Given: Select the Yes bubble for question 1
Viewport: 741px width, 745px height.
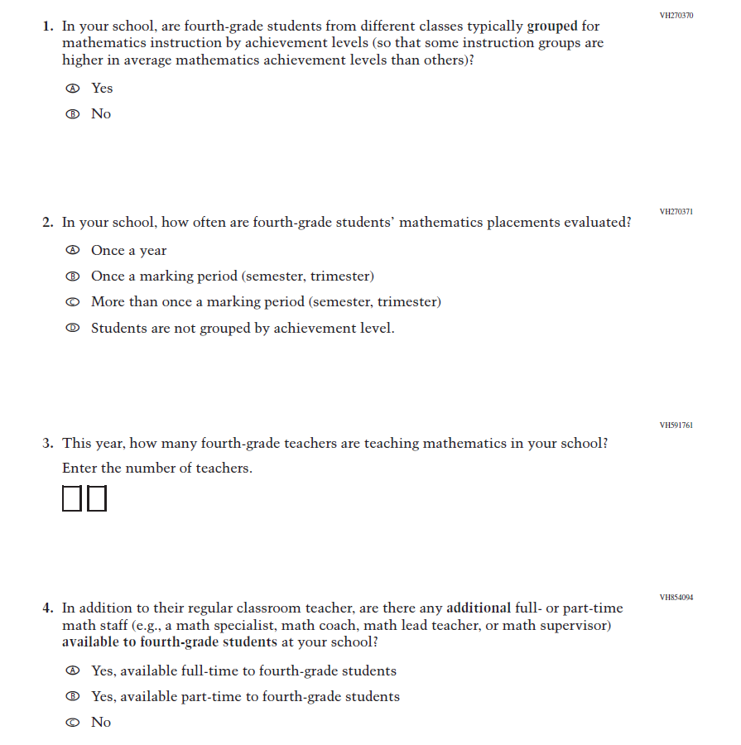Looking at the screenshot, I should [x=73, y=89].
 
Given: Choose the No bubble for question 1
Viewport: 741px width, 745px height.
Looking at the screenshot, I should [x=73, y=114].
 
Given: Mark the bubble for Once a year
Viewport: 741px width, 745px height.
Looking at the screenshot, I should [x=73, y=251].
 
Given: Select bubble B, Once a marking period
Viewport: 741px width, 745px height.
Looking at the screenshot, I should [x=73, y=276].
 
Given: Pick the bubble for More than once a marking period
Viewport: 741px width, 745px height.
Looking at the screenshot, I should [x=73, y=302].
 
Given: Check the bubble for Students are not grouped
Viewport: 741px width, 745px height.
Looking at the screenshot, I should [x=73, y=329].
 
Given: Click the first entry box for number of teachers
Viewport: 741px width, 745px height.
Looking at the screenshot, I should [x=72, y=498].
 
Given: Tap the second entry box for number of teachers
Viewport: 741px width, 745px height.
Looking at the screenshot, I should [x=97, y=498].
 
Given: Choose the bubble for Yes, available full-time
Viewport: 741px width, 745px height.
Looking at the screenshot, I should [x=73, y=671].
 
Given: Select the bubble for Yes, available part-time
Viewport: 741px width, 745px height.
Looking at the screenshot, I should [x=73, y=697].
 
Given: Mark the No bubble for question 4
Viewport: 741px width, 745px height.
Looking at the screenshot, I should [x=73, y=723].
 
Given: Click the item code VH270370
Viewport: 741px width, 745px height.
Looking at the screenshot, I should [x=676, y=16].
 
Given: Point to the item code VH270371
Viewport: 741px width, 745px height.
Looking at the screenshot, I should [x=676, y=212].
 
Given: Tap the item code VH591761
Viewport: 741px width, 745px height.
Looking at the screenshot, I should [x=676, y=425].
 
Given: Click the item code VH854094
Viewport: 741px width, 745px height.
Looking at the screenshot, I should [x=676, y=597].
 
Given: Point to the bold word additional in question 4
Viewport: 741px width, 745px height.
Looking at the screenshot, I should [x=479, y=608].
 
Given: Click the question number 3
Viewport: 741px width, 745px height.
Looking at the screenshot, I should [x=47, y=444].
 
